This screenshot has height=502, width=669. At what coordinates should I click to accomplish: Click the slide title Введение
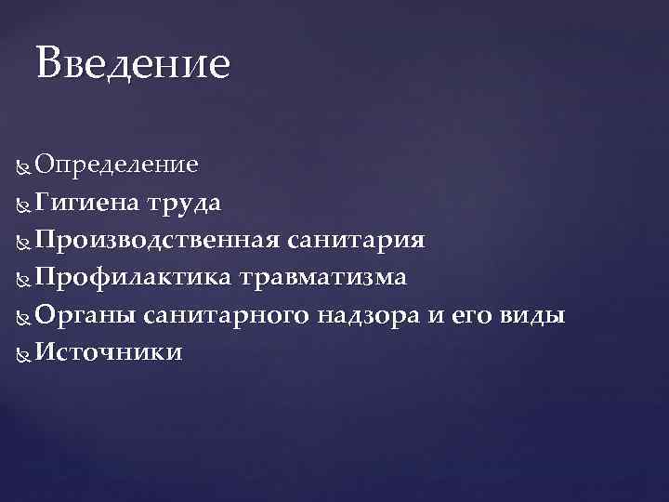point(132,64)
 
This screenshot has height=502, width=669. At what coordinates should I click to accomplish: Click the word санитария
point(357,241)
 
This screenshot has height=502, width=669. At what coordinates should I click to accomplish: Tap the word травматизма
point(322,278)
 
